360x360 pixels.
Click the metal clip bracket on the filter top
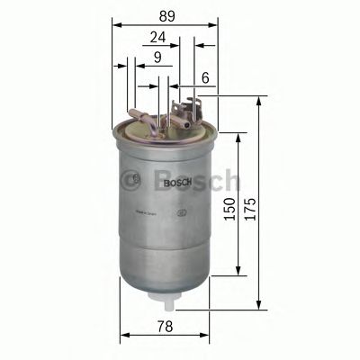tap(184, 112)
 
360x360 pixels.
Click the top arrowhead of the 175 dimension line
tap(261, 102)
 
